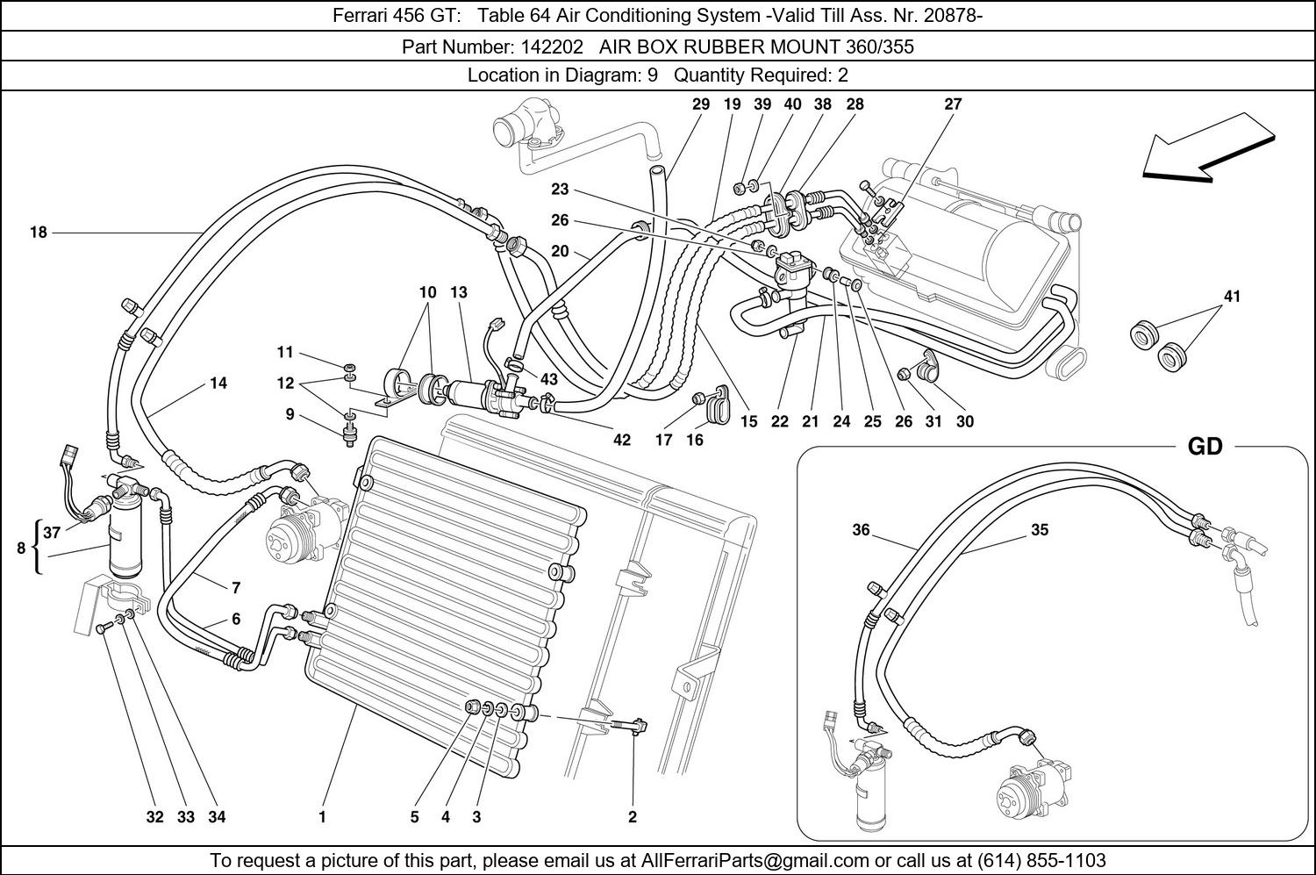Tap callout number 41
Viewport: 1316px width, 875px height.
pyautogui.click(x=1232, y=297)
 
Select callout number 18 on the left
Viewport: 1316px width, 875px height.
pyautogui.click(x=38, y=233)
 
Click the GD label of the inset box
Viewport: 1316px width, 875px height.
pyautogui.click(x=1204, y=447)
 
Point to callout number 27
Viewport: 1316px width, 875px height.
pyautogui.click(x=953, y=104)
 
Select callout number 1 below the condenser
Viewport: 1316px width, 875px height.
pyautogui.click(x=322, y=817)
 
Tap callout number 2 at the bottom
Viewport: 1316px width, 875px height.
pyautogui.click(x=632, y=817)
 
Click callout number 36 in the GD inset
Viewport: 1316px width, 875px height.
pyautogui.click(x=861, y=529)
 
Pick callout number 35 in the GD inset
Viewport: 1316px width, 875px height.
pyautogui.click(x=1039, y=529)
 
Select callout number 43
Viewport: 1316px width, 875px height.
pyautogui.click(x=549, y=379)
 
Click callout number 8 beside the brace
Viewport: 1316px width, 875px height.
pyautogui.click(x=21, y=549)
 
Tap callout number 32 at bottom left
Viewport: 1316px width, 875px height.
pyautogui.click(x=154, y=817)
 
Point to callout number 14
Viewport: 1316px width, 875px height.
pyautogui.click(x=218, y=383)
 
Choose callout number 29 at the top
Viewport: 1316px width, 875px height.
pyautogui.click(x=700, y=104)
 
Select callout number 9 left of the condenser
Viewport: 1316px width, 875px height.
pyautogui.click(x=290, y=414)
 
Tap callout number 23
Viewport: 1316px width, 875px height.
pyautogui.click(x=560, y=189)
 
